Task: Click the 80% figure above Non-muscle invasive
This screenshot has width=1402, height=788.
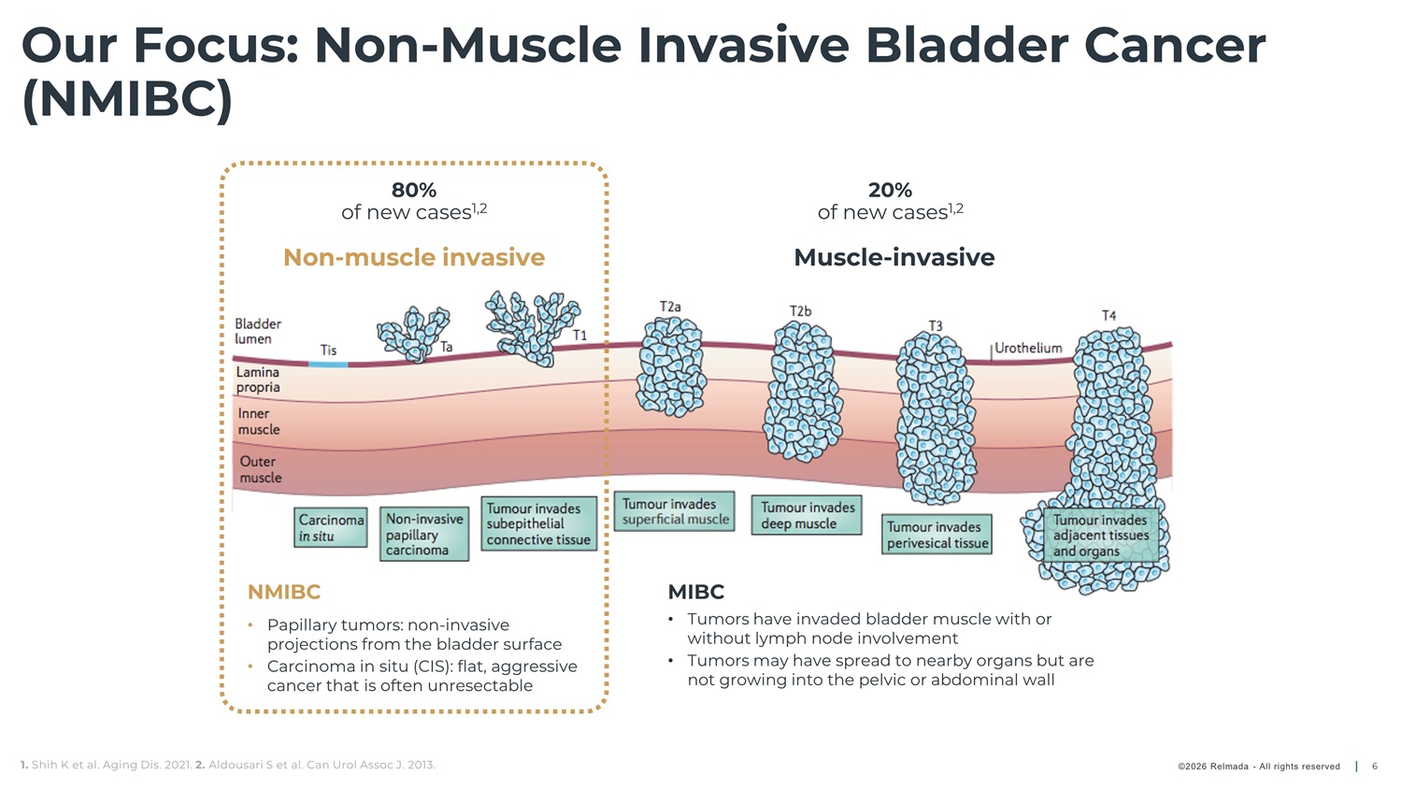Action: click(414, 190)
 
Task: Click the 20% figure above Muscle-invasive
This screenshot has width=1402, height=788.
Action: click(890, 190)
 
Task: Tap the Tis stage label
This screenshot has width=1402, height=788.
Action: click(328, 350)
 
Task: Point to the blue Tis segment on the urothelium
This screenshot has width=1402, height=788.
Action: click(328, 364)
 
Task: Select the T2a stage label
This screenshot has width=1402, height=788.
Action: click(670, 307)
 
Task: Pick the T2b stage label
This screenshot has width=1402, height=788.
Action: click(800, 311)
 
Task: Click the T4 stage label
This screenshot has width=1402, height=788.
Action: click(1109, 315)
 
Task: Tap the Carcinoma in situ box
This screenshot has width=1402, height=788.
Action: click(331, 528)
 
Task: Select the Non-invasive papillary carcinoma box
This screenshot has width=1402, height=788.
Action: click(425, 535)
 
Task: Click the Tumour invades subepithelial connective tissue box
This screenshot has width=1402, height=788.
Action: click(538, 523)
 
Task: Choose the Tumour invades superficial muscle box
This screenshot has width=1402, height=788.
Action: click(675, 511)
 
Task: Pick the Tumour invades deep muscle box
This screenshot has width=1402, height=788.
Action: click(807, 515)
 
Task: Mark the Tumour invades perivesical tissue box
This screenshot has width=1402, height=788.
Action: click(937, 535)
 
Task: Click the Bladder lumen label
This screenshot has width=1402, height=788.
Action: click(258, 331)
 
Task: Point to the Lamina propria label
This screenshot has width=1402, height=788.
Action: click(258, 380)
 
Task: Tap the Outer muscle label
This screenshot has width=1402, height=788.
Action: click(260, 469)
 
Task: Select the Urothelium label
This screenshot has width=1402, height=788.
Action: click(1028, 348)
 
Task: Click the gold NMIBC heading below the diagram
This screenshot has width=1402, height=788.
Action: click(284, 592)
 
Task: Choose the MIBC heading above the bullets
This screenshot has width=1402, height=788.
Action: click(696, 592)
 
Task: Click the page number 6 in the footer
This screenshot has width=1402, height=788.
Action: click(1375, 767)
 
